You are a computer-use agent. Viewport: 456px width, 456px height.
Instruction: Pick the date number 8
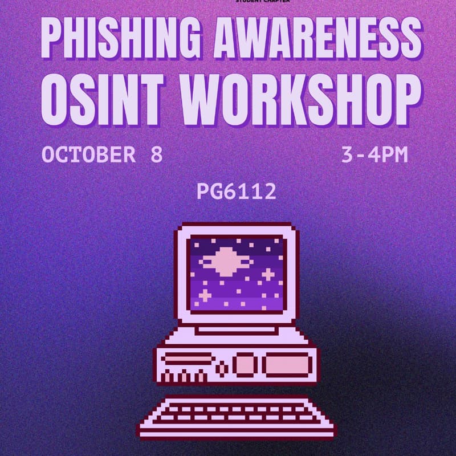[x=157, y=155]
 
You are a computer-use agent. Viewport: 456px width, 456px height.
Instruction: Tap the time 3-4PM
[x=374, y=155]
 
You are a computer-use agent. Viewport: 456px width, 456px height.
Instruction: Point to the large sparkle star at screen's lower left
[x=203, y=294]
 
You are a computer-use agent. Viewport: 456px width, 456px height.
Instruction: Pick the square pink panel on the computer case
[x=245, y=365]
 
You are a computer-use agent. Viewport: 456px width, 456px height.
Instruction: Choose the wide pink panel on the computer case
[x=288, y=365]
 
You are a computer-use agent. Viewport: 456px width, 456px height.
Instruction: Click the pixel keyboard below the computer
[x=236, y=417]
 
